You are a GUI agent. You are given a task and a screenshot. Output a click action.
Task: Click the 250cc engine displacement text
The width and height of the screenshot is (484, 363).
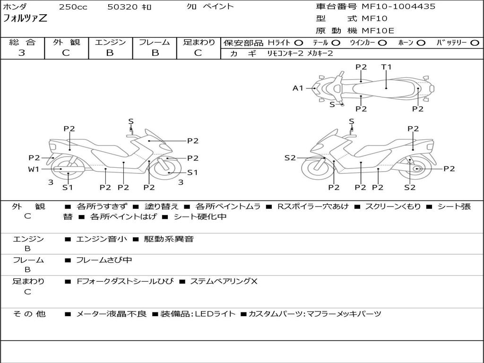click(73, 7)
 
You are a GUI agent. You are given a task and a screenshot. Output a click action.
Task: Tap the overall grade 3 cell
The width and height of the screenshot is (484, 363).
click(22, 53)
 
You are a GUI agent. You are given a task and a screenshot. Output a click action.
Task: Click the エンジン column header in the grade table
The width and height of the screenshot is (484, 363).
click(110, 42)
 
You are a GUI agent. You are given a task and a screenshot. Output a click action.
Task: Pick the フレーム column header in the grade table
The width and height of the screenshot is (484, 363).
click(155, 42)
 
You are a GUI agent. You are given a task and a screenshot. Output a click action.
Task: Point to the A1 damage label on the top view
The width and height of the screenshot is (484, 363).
click(297, 88)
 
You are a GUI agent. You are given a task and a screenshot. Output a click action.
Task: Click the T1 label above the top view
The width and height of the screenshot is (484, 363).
click(386, 67)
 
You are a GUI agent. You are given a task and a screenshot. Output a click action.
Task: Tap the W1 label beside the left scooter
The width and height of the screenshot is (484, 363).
click(34, 169)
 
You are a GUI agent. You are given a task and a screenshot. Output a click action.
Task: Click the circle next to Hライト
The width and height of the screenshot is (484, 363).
click(299, 43)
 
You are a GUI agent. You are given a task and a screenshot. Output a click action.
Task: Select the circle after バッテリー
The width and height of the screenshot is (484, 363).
click(475, 43)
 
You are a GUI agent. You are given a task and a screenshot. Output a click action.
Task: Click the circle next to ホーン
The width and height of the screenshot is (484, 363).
click(421, 43)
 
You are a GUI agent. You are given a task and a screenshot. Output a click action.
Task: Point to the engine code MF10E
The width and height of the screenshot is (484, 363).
click(378, 31)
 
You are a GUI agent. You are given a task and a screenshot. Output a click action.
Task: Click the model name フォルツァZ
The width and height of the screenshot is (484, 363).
click(26, 19)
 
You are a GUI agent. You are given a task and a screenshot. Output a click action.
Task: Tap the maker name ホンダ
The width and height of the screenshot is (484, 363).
click(15, 7)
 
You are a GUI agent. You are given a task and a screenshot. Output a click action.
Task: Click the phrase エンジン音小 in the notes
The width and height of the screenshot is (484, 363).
click(102, 239)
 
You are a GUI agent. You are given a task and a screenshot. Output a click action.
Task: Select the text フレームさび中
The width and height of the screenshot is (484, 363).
click(104, 260)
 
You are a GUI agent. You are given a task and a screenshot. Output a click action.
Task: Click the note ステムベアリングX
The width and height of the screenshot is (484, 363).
click(224, 281)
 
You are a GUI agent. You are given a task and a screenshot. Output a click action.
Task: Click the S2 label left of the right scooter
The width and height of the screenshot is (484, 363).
click(290, 158)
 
